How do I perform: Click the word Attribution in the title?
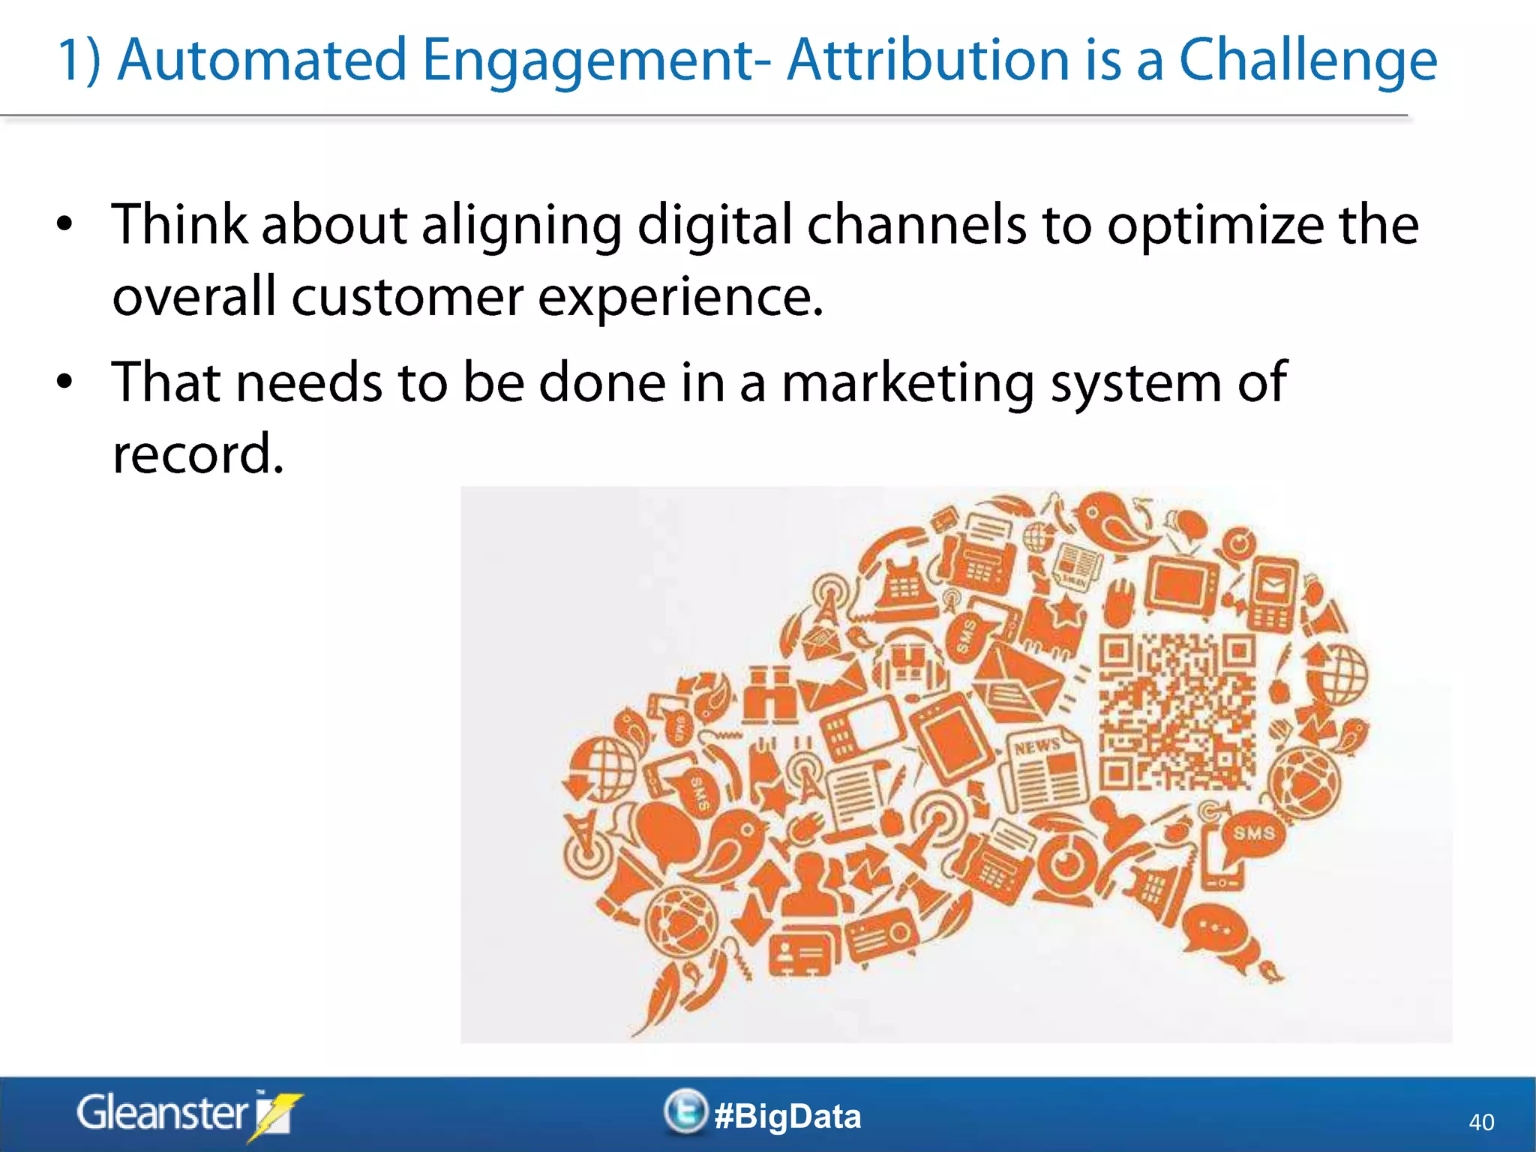(928, 60)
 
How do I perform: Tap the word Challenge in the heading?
(1308, 60)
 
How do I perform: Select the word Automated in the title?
(262, 60)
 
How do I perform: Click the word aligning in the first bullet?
(521, 225)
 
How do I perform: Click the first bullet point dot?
(65, 223)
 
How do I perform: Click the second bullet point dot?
(65, 381)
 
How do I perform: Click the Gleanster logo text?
(161, 1113)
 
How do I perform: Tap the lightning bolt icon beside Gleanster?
(274, 1116)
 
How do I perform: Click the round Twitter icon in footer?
(685, 1111)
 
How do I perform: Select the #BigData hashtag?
(787, 1116)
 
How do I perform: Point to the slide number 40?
(1480, 1122)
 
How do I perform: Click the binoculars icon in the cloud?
(769, 694)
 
